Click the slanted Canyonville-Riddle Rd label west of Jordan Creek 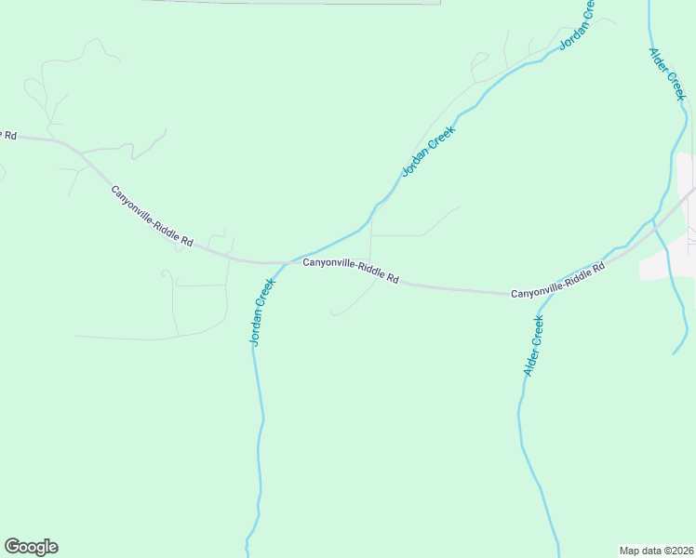pyautogui.click(x=152, y=216)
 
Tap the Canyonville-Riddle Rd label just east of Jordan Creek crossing pyautogui.click(x=351, y=271)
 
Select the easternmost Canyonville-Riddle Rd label pyautogui.click(x=557, y=280)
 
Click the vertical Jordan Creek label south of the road pyautogui.click(x=262, y=312)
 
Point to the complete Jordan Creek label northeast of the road pyautogui.click(x=428, y=151)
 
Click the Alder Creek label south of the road pyautogui.click(x=532, y=346)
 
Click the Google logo pyautogui.click(x=31, y=547)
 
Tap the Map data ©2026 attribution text pyautogui.click(x=656, y=550)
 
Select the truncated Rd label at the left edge pyautogui.click(x=8, y=136)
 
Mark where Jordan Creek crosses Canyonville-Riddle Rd pyautogui.click(x=286, y=262)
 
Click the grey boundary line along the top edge pyautogui.click(x=288, y=3)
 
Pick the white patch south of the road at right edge pyautogui.click(x=665, y=266)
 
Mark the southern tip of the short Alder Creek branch pyautogui.click(x=674, y=353)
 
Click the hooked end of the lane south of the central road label pyautogui.click(x=332, y=313)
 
